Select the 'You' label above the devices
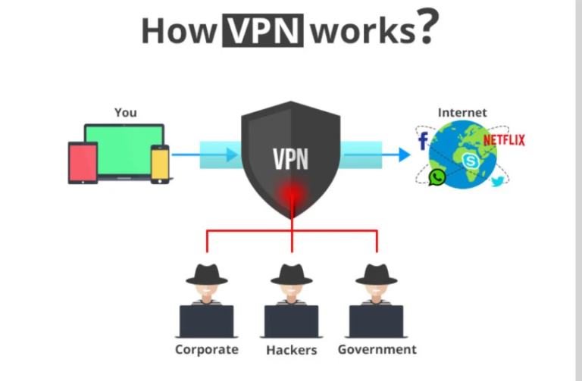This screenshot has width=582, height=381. [x=125, y=112]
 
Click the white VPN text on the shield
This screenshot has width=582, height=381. [x=291, y=160]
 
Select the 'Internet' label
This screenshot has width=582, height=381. [x=462, y=113]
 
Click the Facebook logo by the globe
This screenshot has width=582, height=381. [x=423, y=140]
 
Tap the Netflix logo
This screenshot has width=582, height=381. [x=504, y=139]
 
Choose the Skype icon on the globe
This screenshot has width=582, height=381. [x=471, y=161]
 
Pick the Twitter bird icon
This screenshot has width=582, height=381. [x=497, y=181]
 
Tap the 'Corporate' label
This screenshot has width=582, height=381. [x=206, y=349]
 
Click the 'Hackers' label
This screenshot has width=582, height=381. [x=291, y=350]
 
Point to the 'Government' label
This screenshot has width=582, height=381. [x=377, y=349]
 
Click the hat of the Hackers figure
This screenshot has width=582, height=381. [x=291, y=271]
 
